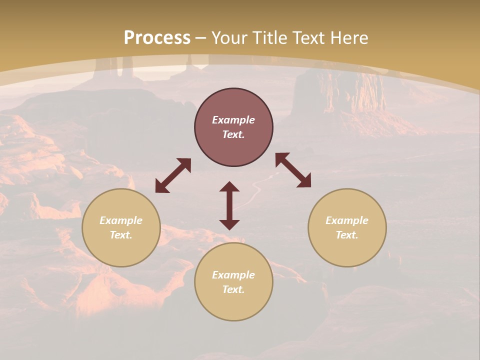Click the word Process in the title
tap(157, 38)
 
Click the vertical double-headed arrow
tap(229, 205)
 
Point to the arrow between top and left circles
tap(173, 175)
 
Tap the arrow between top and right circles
tap(293, 170)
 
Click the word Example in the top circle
tap(233, 120)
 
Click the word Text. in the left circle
tap(121, 235)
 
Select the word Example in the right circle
tap(347, 220)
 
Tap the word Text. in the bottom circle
tap(233, 289)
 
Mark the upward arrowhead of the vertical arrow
tap(229, 186)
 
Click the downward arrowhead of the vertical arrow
tap(229, 224)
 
